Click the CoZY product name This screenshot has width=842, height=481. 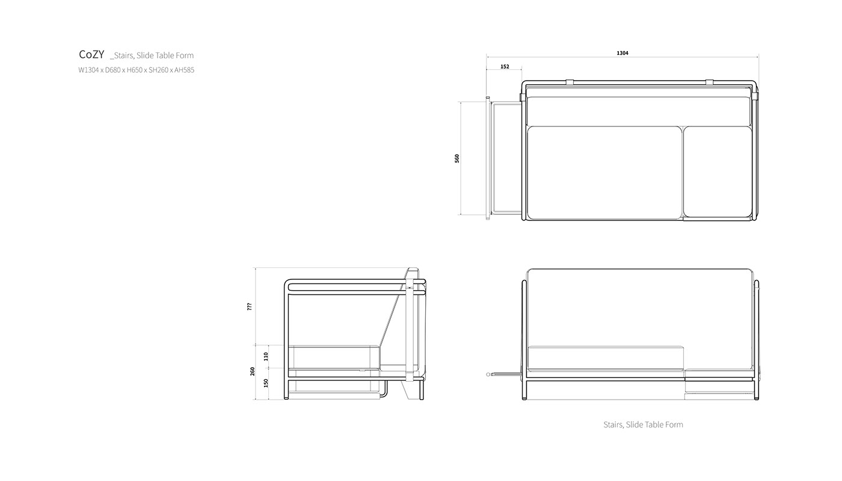pyautogui.click(x=91, y=55)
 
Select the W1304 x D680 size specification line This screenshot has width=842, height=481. pyautogui.click(x=136, y=70)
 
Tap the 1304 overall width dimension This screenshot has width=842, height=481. pyautogui.click(x=622, y=53)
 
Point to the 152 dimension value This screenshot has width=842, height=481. pyautogui.click(x=505, y=67)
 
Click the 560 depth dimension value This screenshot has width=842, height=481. pyautogui.click(x=457, y=158)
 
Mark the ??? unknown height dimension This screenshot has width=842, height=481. pyautogui.click(x=250, y=306)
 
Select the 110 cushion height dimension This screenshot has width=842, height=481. pyautogui.click(x=266, y=356)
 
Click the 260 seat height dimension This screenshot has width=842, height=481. pyautogui.click(x=253, y=371)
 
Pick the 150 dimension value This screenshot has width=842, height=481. pyautogui.click(x=266, y=383)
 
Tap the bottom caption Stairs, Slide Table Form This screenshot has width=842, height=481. pyautogui.click(x=643, y=424)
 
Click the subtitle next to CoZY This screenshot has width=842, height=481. pyautogui.click(x=152, y=55)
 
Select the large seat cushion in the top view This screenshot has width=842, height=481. pyautogui.click(x=604, y=172)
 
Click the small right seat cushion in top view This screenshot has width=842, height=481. pyautogui.click(x=718, y=172)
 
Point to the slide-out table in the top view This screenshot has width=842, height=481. pyautogui.click(x=505, y=158)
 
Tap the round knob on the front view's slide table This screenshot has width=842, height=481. pyautogui.click(x=488, y=374)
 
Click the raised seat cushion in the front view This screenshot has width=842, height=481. pyautogui.click(x=606, y=358)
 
